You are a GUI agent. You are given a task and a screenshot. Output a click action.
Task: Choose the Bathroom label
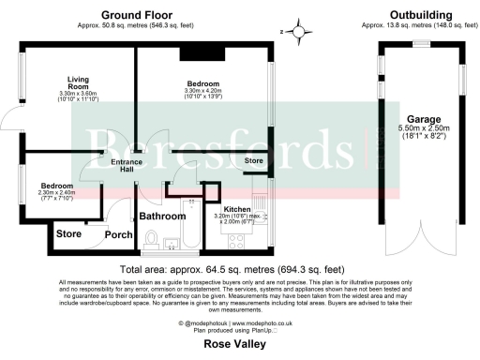pyautogui.click(x=163, y=216)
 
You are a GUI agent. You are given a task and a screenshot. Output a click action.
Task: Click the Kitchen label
pyautogui.click(x=236, y=208)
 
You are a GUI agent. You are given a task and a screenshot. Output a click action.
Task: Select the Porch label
pyautogui.click(x=118, y=234)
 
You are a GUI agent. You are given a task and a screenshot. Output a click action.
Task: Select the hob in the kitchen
pyautogui.click(x=236, y=241)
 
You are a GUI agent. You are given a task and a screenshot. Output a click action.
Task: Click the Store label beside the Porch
pyautogui.click(x=68, y=233)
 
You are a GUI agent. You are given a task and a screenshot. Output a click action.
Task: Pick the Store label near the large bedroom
pyautogui.click(x=253, y=162)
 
